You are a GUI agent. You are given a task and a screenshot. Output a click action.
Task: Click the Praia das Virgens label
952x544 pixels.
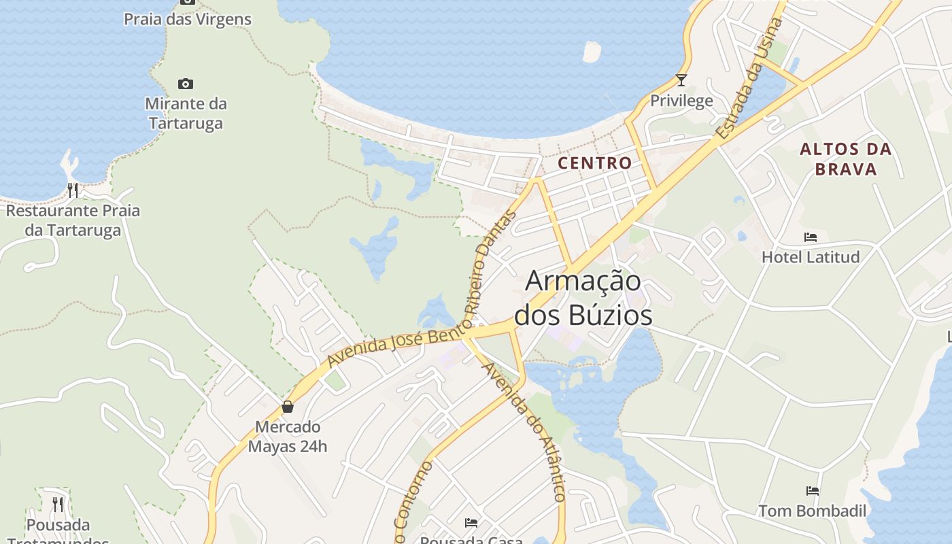point(187,19)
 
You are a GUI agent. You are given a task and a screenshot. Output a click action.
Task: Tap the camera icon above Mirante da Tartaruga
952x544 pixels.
point(185,84)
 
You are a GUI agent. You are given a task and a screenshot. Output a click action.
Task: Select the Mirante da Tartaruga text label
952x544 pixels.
point(186,114)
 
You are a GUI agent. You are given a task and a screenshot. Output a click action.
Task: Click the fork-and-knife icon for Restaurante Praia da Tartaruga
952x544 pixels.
point(73,190)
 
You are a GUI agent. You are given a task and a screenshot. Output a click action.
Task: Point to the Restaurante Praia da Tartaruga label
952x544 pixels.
point(73,220)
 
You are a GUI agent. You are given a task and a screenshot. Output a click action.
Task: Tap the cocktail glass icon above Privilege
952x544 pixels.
point(681,80)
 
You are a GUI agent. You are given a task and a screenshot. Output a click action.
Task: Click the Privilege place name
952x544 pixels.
point(681,101)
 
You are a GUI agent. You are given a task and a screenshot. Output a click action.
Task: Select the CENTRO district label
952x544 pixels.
point(595,163)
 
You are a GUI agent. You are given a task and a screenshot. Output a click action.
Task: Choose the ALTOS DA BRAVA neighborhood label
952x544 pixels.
point(845,159)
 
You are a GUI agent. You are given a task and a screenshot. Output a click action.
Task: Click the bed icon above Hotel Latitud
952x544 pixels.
point(811,237)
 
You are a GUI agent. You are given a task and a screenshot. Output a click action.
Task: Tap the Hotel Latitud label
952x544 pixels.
point(811,257)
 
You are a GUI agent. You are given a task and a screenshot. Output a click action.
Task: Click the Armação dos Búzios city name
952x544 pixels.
point(583,298)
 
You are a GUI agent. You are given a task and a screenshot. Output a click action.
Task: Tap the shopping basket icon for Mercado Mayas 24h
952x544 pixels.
point(288,407)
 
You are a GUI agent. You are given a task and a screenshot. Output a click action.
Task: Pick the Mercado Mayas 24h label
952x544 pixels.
point(288,437)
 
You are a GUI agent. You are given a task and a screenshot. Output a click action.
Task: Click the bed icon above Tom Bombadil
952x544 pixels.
point(812,490)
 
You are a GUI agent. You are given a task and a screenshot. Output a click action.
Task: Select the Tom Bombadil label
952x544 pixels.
point(812,511)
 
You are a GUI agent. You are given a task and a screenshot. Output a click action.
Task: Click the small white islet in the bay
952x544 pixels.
point(592,52)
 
